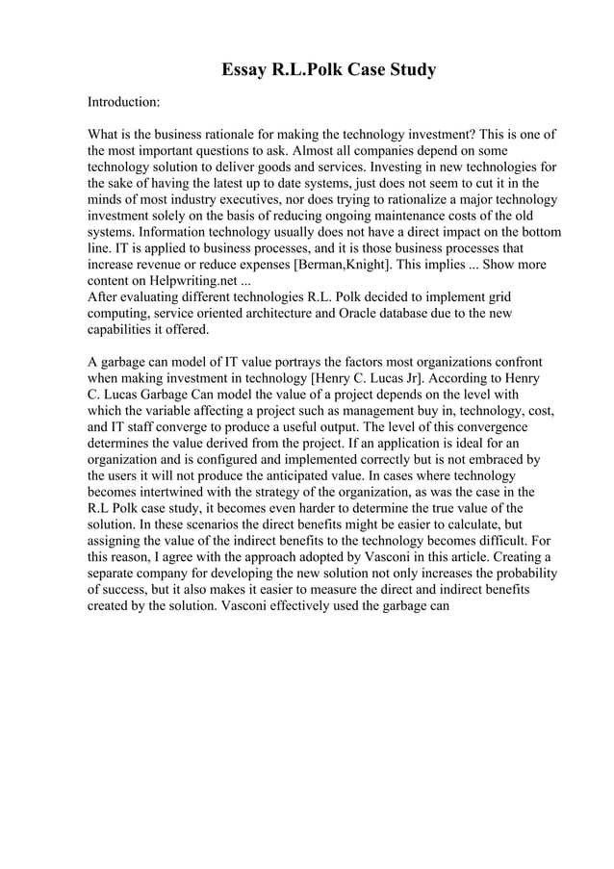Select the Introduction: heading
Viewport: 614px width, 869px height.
point(124,101)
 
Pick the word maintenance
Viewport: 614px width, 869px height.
point(386,216)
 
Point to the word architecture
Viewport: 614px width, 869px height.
point(293,314)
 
